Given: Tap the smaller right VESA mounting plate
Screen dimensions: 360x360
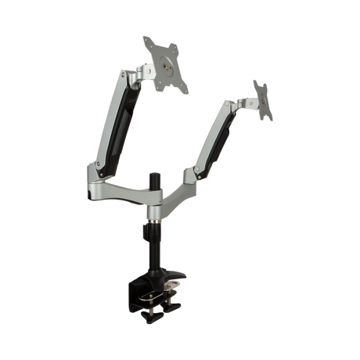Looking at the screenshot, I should coord(264,99).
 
